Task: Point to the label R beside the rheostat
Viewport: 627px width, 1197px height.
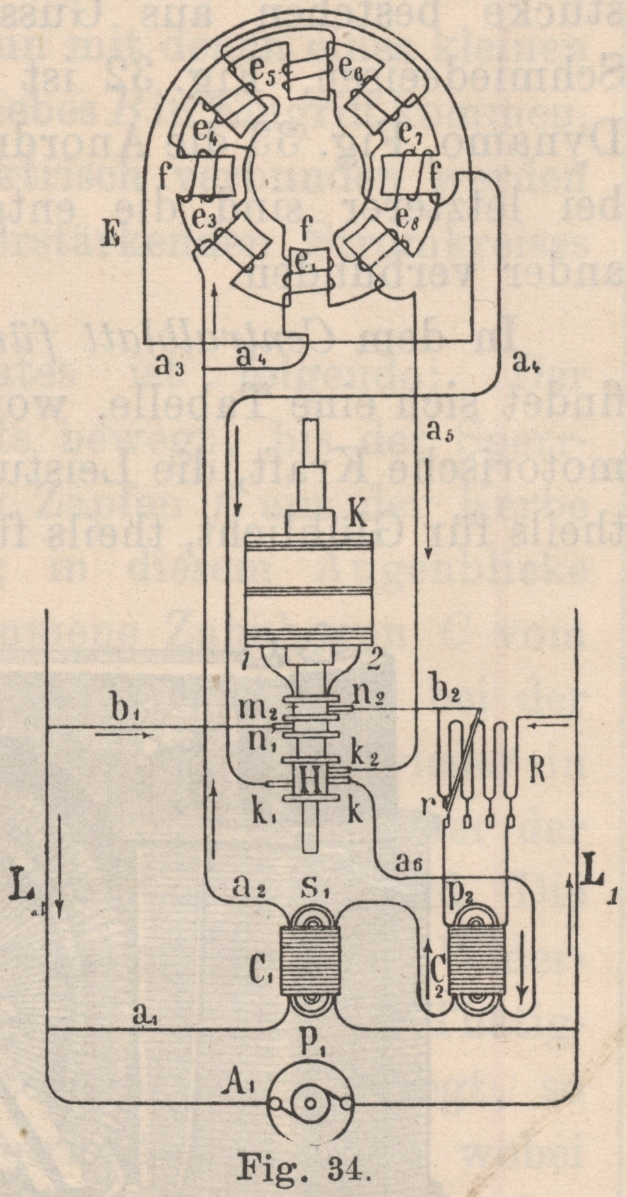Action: click(x=536, y=772)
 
